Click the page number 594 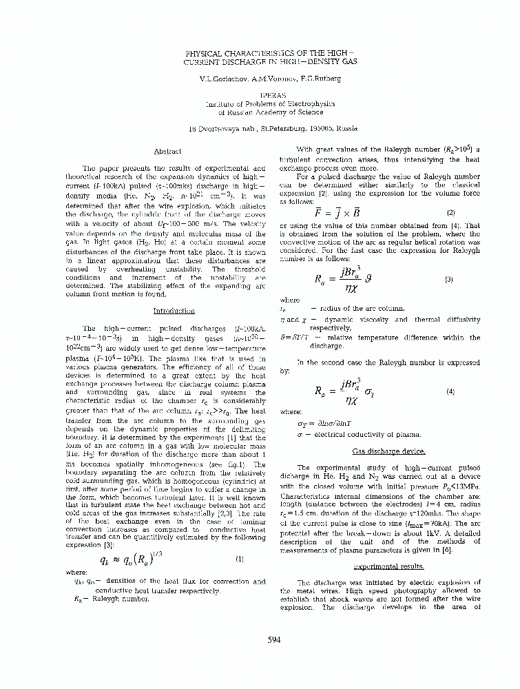(274, 640)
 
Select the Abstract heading (167, 152)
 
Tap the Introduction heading (174, 311)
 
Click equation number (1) (239, 559)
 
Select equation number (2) (450, 212)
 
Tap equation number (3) (449, 280)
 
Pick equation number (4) (450, 391)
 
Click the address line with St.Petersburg (273, 128)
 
